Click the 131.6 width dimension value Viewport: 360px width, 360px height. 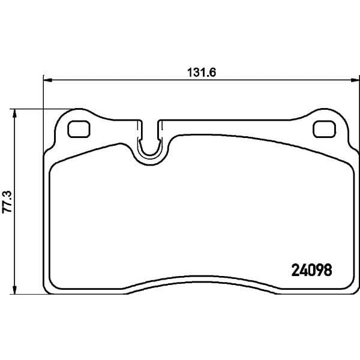click(x=202, y=73)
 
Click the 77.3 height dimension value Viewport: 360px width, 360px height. click(x=7, y=203)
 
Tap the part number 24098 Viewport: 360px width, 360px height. click(x=311, y=270)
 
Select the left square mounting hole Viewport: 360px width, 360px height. click(x=79, y=129)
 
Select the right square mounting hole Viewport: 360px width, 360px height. click(x=324, y=129)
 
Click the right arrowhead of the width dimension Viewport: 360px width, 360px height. click(x=355, y=80)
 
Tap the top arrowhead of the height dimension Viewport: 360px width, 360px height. click(x=14, y=113)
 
